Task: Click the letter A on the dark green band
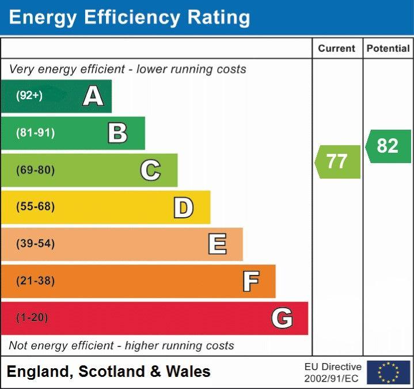(x=93, y=96)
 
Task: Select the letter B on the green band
(x=117, y=133)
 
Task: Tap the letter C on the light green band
(x=150, y=170)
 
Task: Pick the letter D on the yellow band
(x=183, y=207)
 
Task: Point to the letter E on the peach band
(x=217, y=244)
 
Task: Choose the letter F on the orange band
(x=250, y=281)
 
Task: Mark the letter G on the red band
(x=282, y=318)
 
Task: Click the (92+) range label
(x=29, y=96)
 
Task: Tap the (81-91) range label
(x=36, y=133)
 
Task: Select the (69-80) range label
(x=36, y=170)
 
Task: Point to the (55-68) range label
(x=36, y=207)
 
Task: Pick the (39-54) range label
(x=36, y=244)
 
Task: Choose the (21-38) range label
(x=36, y=281)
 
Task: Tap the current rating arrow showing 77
(x=338, y=161)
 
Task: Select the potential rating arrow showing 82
(x=389, y=146)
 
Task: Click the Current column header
(x=337, y=49)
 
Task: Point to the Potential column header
(x=388, y=49)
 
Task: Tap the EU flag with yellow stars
(x=388, y=372)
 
